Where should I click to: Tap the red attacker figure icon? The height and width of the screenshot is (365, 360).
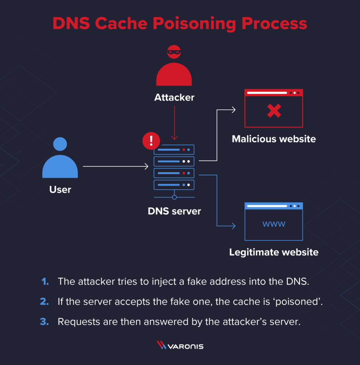pyautogui.click(x=174, y=71)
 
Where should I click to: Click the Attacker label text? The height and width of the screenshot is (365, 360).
pyautogui.click(x=174, y=97)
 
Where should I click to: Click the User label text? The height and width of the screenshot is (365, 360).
pyautogui.click(x=60, y=189)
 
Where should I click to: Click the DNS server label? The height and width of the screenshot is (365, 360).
pyautogui.click(x=174, y=211)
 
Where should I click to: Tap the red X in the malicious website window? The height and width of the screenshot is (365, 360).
pyautogui.click(x=273, y=111)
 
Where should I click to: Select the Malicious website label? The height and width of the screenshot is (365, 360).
pyautogui.click(x=273, y=139)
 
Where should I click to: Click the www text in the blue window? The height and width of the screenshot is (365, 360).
pyautogui.click(x=273, y=224)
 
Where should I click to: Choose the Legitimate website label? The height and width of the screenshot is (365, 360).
pyautogui.click(x=273, y=252)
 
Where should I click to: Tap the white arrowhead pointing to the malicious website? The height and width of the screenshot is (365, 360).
pyautogui.click(x=233, y=110)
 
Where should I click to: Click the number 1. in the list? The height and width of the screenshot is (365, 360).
pyautogui.click(x=45, y=281)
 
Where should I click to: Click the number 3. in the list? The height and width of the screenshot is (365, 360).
pyautogui.click(x=45, y=322)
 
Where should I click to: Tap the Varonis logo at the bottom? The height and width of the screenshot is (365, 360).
pyautogui.click(x=180, y=346)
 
